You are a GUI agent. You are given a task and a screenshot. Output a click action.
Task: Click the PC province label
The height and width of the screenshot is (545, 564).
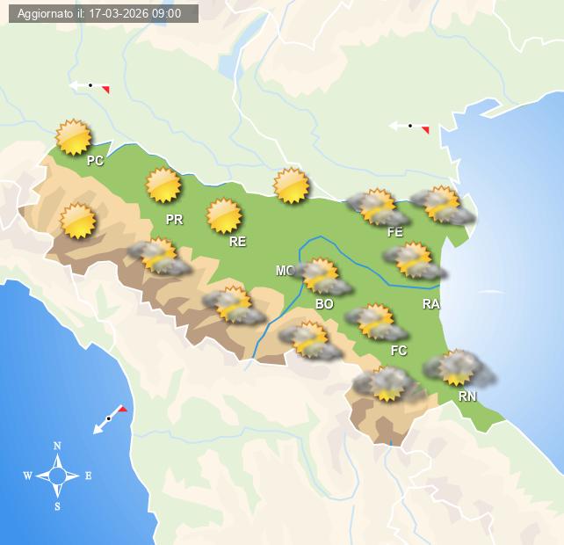[95, 161]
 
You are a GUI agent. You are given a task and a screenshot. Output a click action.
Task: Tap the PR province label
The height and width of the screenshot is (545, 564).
[174, 220]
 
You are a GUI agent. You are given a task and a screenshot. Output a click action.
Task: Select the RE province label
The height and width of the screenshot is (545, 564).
[237, 242]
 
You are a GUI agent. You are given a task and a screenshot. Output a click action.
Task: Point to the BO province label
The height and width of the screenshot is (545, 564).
[324, 304]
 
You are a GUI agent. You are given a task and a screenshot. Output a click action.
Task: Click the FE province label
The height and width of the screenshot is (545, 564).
[395, 232]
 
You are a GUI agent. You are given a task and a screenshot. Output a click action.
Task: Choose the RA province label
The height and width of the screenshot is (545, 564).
[430, 304]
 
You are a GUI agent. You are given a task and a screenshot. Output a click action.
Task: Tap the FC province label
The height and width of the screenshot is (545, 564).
[399, 351]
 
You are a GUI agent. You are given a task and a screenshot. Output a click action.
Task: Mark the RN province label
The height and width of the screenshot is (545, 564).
[467, 396]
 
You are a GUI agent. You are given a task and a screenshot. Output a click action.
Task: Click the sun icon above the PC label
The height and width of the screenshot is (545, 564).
[74, 137]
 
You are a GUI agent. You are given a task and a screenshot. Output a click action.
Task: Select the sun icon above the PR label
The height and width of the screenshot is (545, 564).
[163, 185]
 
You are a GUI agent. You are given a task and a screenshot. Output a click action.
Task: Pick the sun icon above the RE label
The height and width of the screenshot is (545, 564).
[224, 215]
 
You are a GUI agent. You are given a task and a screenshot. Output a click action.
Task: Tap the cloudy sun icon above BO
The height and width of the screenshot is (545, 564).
[322, 276]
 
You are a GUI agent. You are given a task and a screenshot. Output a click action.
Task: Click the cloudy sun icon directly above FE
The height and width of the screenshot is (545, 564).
[378, 207]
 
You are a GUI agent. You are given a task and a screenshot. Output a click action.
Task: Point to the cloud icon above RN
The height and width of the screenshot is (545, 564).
[458, 368]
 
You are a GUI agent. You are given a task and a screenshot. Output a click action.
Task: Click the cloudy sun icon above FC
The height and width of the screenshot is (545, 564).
[377, 322]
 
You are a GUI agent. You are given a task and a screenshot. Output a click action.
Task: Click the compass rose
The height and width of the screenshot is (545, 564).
[57, 476]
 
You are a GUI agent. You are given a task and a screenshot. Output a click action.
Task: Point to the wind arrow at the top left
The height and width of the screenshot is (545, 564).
[90, 86]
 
